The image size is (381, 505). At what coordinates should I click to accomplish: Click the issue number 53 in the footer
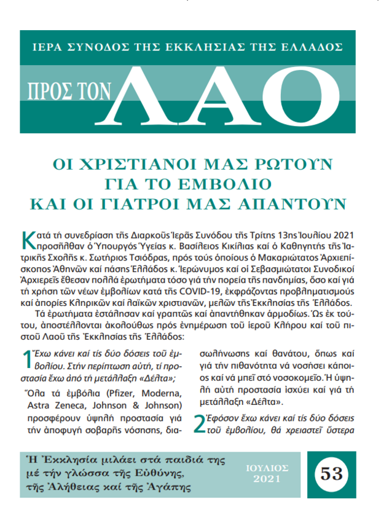[x=331, y=473]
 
